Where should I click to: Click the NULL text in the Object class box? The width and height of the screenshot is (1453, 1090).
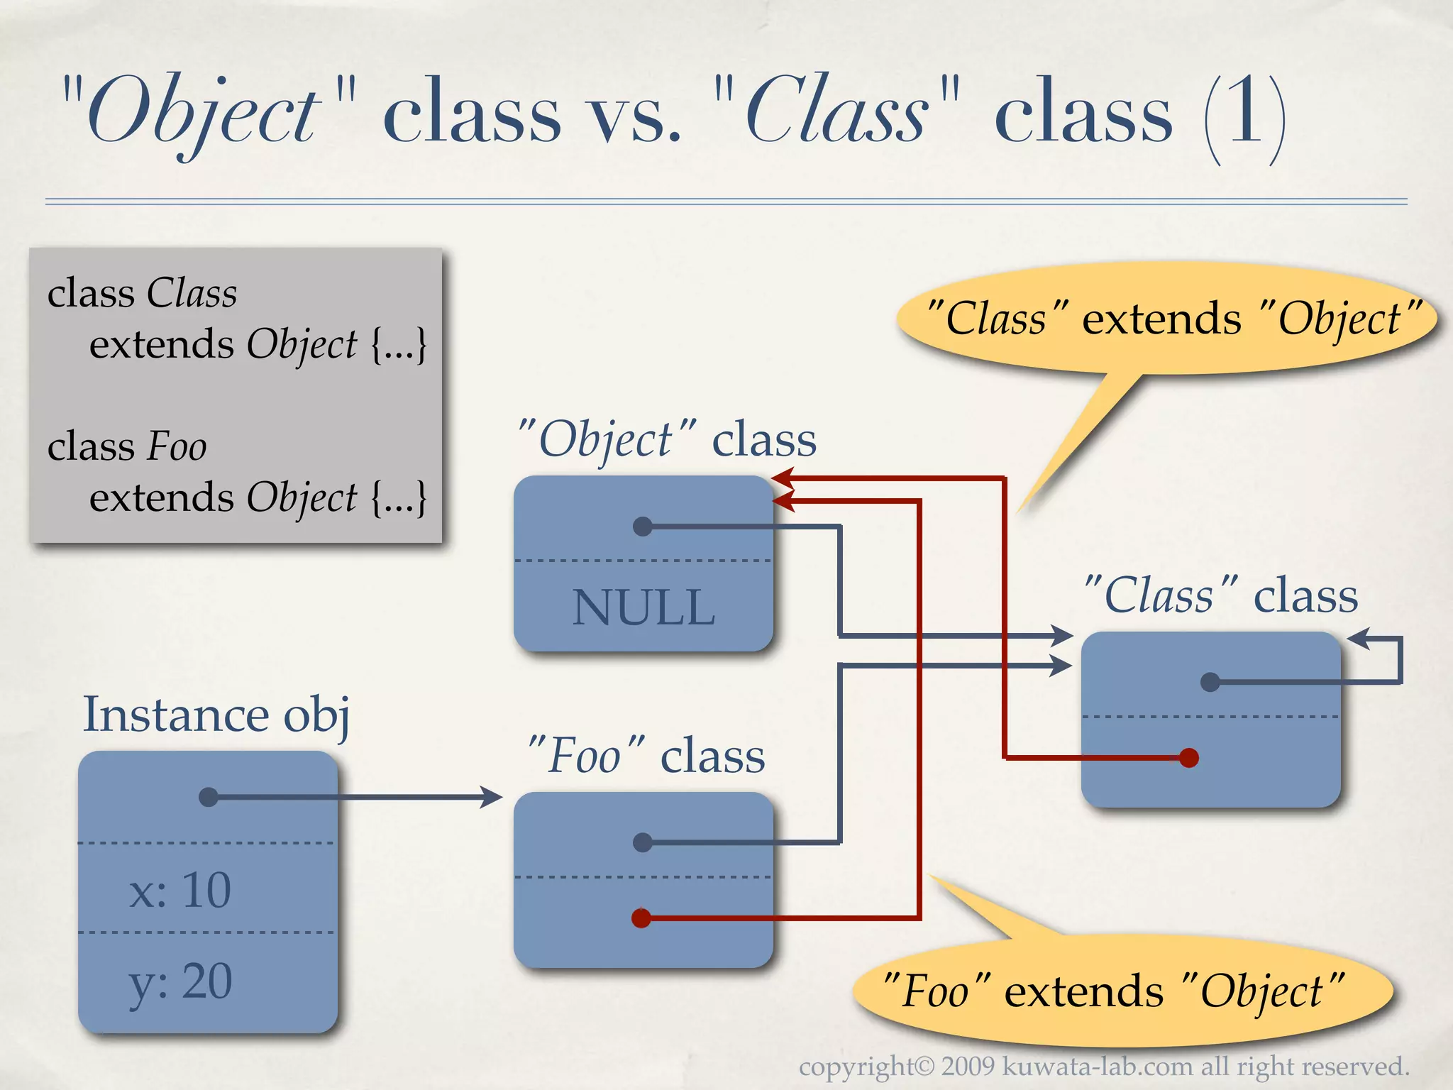pos(643,607)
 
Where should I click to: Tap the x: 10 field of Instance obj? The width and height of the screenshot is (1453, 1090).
pos(180,890)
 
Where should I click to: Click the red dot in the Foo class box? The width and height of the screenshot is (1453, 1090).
pos(641,918)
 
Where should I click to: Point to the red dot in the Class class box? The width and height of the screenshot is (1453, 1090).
pos(1189,758)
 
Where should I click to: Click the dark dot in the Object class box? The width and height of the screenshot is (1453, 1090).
pos(643,527)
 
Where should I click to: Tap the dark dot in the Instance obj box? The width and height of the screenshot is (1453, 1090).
pos(209,797)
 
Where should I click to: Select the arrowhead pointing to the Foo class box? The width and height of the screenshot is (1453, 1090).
pos(492,797)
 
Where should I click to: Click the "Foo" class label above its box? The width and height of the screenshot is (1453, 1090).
pos(646,755)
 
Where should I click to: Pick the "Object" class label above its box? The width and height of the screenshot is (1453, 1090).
pos(667,439)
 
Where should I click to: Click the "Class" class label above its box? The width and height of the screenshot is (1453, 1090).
pos(1220,595)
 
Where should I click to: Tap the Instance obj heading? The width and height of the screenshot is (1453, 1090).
pos(216,715)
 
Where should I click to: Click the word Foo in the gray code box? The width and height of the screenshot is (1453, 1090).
pos(177,447)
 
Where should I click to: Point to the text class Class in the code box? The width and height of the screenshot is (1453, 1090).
pos(142,293)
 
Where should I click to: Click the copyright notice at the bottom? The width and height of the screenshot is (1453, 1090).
pos(1104,1067)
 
